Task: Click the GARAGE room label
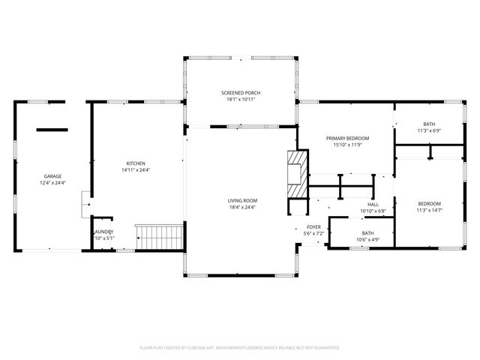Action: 52,176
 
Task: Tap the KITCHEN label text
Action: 136,163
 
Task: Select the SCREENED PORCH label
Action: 241,93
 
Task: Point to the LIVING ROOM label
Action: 243,200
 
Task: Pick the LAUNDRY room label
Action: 103,232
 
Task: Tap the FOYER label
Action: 313,226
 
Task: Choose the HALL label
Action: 373,205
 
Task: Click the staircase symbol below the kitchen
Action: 159,237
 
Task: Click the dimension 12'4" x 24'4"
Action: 52,183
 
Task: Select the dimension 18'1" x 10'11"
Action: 241,100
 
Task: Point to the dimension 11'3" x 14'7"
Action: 429,210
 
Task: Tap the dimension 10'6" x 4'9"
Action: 367,240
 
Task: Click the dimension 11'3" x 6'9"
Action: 429,130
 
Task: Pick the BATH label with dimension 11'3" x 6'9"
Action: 429,124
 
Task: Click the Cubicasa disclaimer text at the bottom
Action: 240,347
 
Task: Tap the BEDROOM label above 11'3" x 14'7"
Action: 429,203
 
